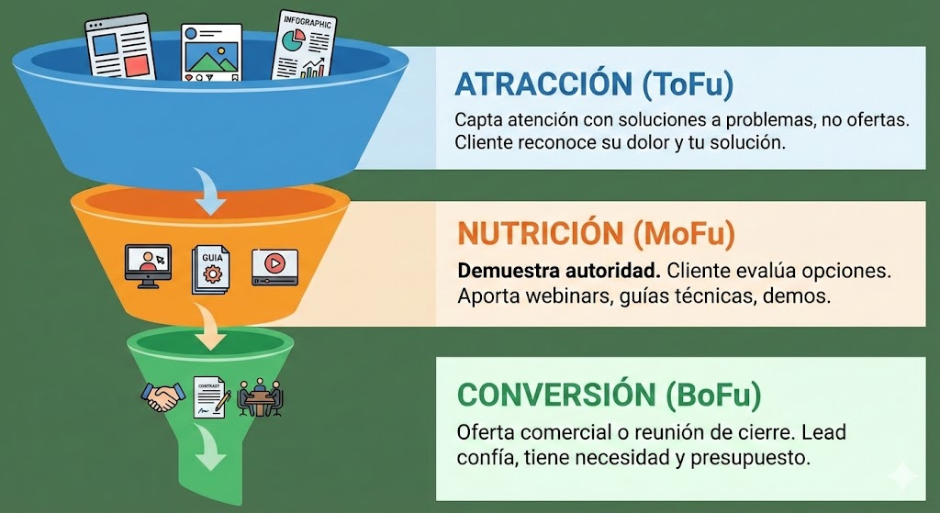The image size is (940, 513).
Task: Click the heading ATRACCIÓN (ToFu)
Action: [594, 84]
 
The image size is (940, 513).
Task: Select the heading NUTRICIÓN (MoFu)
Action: [596, 233]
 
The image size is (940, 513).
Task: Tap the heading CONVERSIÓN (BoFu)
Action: [610, 395]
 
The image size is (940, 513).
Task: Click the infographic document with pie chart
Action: [304, 46]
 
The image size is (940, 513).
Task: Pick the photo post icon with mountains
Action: [212, 52]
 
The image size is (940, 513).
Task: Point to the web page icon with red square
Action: [120, 48]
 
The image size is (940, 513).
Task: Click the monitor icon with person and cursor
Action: [148, 266]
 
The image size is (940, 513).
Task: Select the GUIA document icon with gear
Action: [210, 270]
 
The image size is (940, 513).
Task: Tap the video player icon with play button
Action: [274, 267]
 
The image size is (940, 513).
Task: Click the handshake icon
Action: [163, 396]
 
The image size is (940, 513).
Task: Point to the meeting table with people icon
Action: [260, 397]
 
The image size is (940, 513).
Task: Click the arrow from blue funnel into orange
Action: [207, 191]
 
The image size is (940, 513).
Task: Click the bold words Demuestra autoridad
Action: [559, 271]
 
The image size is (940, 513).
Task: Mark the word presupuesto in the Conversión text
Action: [750, 459]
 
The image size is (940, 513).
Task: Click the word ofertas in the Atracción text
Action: [878, 119]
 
